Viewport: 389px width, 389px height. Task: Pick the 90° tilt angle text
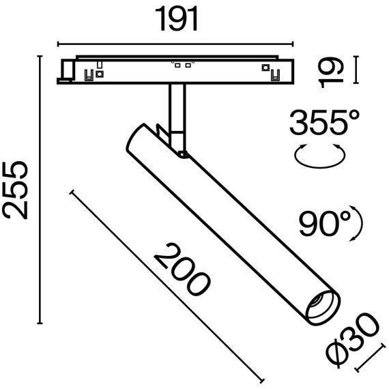click(324, 222)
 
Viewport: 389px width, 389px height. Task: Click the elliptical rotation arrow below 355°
click(318, 156)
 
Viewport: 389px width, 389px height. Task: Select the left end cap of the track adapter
click(67, 70)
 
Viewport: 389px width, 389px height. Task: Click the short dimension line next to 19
click(356, 71)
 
